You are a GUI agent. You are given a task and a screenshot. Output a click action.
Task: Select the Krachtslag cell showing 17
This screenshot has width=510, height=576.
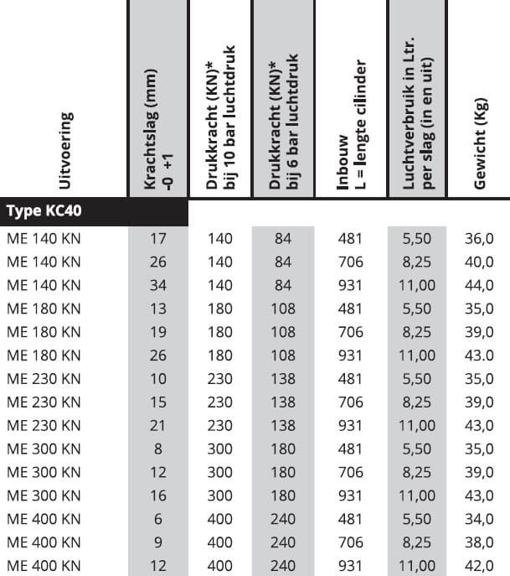[157, 238]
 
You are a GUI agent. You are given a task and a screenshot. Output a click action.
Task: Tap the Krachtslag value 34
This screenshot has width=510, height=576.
[157, 285]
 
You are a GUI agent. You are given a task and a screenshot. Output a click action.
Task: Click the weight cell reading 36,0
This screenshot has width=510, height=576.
[478, 238]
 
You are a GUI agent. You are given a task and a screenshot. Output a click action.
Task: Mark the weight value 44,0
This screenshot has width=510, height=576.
[478, 285]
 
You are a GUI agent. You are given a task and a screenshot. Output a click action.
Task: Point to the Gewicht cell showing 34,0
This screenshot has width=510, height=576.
[478, 519]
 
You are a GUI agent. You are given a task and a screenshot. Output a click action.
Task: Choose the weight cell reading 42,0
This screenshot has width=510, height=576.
[478, 566]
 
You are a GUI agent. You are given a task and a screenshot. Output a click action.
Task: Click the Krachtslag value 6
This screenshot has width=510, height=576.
[157, 519]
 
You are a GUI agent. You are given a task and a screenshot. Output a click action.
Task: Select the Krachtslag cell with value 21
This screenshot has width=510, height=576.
[157, 425]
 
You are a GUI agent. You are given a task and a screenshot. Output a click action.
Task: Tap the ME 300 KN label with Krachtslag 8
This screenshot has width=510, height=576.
[44, 449]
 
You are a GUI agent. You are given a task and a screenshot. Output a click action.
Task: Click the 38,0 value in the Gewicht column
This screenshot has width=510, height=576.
[478, 542]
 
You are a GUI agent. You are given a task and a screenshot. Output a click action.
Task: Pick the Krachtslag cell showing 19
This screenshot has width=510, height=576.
[157, 332]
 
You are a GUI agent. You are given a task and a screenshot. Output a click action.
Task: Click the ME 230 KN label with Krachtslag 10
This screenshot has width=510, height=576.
[44, 379]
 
